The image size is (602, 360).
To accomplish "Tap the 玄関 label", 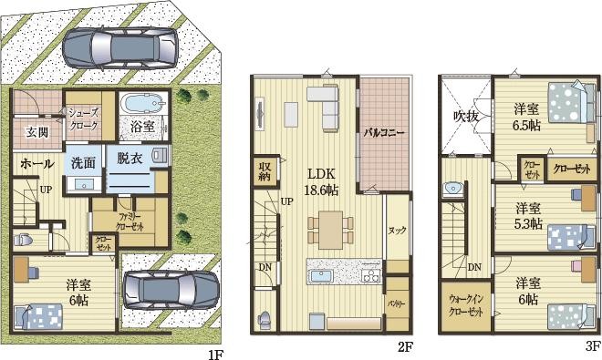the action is (x=37, y=132).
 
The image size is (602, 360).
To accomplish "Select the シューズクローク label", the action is (x=83, y=119).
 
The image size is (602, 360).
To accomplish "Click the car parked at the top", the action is (x=120, y=48).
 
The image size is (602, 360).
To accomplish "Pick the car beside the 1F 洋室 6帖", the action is (x=171, y=290).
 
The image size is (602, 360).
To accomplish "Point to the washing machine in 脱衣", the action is (x=160, y=156).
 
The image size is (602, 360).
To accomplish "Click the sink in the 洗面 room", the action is (x=84, y=184).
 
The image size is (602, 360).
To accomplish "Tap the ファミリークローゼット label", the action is (x=130, y=221).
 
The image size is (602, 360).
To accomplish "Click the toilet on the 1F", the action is (x=22, y=241).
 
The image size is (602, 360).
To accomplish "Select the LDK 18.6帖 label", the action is (x=321, y=181).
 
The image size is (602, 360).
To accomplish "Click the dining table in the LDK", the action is (x=330, y=230).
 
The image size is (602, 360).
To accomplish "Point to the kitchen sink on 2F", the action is (x=322, y=276).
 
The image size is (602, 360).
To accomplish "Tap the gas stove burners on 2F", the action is (x=371, y=275).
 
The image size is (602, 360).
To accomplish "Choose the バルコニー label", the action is (x=384, y=133).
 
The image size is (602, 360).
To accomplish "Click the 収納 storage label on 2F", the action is (x=265, y=171).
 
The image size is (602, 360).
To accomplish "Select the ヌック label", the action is (x=398, y=231).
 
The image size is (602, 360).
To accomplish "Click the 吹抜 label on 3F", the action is (x=466, y=116).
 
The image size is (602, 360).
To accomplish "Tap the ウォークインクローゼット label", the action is (x=466, y=305).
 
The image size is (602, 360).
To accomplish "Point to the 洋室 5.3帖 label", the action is (x=528, y=216).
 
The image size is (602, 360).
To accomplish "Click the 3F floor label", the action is (x=593, y=346).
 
